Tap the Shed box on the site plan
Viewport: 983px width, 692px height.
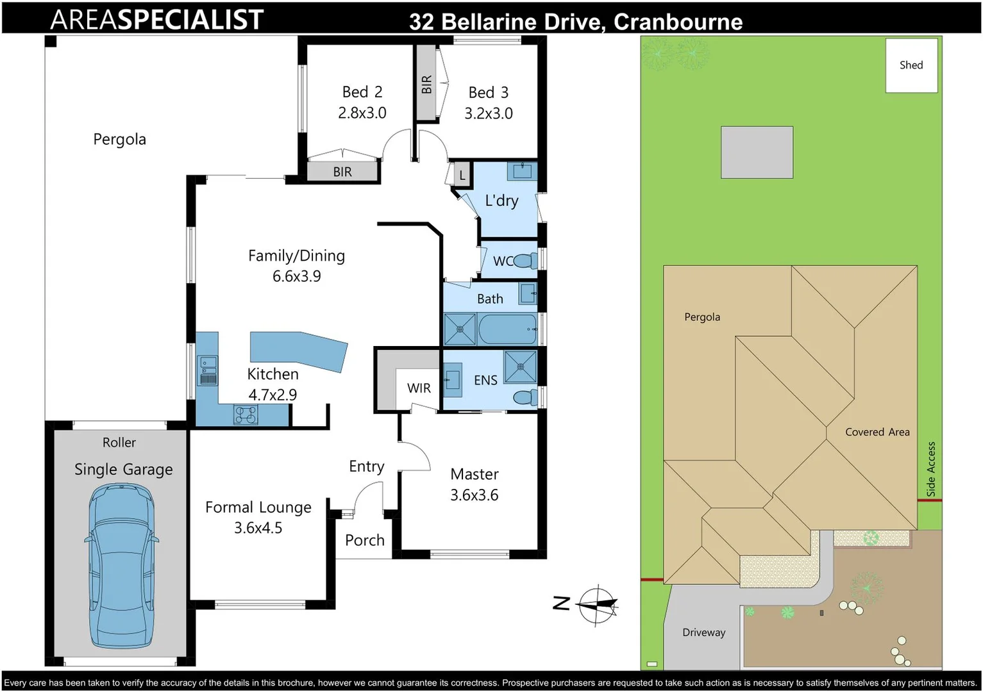coord(911,65)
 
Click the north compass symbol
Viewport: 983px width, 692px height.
coord(598,604)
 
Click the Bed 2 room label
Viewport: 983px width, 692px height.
coord(362,92)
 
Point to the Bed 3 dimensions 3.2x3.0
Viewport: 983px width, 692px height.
coord(489,113)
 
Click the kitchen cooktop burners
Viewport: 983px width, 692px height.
coord(246,415)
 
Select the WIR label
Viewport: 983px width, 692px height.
coord(419,388)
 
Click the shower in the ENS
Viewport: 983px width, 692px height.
coord(520,367)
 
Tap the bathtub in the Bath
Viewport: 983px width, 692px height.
coord(507,329)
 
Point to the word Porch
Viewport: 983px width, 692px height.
coord(365,540)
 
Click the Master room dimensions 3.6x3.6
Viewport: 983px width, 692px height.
coord(475,495)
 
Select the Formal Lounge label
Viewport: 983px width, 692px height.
coord(258,507)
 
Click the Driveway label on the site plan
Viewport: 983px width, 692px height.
coord(704,632)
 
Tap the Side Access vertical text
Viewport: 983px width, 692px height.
coord(931,469)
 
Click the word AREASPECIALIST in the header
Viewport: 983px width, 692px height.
coord(157,20)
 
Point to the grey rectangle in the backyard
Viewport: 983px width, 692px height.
coord(757,152)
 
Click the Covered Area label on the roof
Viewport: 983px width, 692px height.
coord(877,432)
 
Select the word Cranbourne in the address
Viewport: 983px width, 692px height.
coord(678,22)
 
